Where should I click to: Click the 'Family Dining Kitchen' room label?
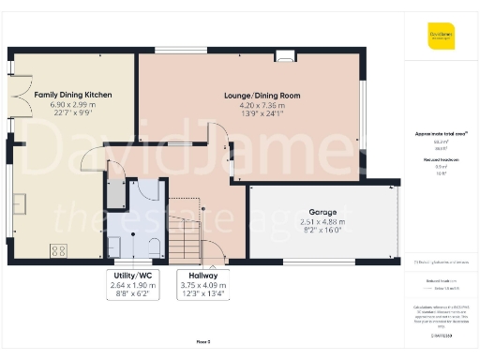(73, 95)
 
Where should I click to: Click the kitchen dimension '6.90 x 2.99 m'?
(73, 105)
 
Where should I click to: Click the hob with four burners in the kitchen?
(58, 250)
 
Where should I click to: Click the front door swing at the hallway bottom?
(215, 251)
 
